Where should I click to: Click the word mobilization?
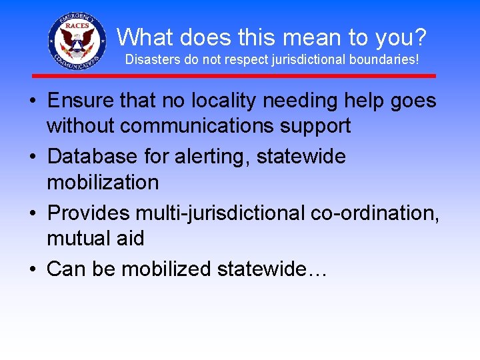pos(103,182)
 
